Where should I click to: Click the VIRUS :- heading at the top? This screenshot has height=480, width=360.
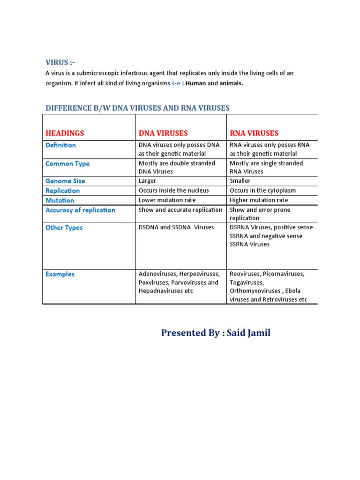pos(60,63)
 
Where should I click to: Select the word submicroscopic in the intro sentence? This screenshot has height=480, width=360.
pos(100,74)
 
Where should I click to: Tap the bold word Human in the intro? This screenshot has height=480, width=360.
pos(195,83)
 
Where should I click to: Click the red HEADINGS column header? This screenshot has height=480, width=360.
pos(65,133)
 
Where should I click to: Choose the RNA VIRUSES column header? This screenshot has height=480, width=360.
pos(254,133)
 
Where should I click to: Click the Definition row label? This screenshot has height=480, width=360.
pos(60,145)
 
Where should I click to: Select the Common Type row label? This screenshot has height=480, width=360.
pos(67,164)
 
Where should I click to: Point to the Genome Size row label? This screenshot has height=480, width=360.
pos(65,181)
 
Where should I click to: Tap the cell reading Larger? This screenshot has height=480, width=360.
pos(147,181)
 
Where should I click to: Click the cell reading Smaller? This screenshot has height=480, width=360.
pos(240,181)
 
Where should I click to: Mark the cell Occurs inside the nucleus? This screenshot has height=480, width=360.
pos(173,191)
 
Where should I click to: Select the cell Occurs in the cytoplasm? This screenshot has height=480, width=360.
pos(262,191)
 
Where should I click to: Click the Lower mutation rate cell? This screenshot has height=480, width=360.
pos(167,200)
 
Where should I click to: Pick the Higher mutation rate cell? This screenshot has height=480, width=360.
pos(259,200)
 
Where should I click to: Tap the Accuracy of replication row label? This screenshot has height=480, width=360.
pos(80,210)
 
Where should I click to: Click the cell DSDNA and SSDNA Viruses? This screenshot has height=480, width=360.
pos(176,227)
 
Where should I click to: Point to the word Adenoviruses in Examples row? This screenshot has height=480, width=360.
pos(157,274)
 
